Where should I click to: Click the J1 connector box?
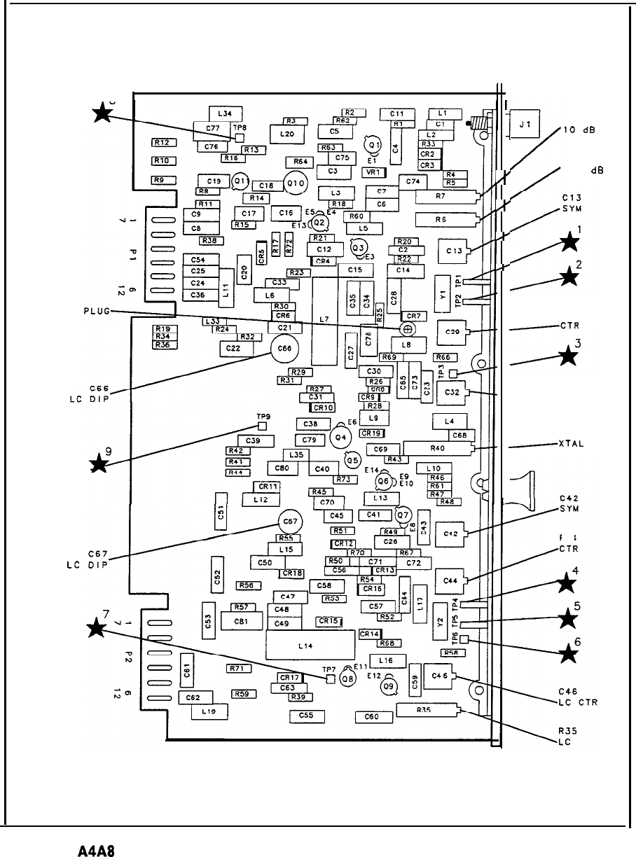(x=524, y=125)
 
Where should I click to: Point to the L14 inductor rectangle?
(x=304, y=645)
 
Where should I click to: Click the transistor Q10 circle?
(x=296, y=183)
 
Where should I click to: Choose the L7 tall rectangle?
(x=324, y=320)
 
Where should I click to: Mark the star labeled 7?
(x=100, y=628)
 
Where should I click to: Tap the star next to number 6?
(x=571, y=654)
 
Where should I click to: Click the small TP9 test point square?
(x=263, y=425)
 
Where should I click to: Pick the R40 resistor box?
(x=437, y=448)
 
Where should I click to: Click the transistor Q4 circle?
(x=341, y=438)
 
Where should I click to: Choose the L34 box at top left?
(x=225, y=113)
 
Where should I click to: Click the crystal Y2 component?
(x=440, y=620)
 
